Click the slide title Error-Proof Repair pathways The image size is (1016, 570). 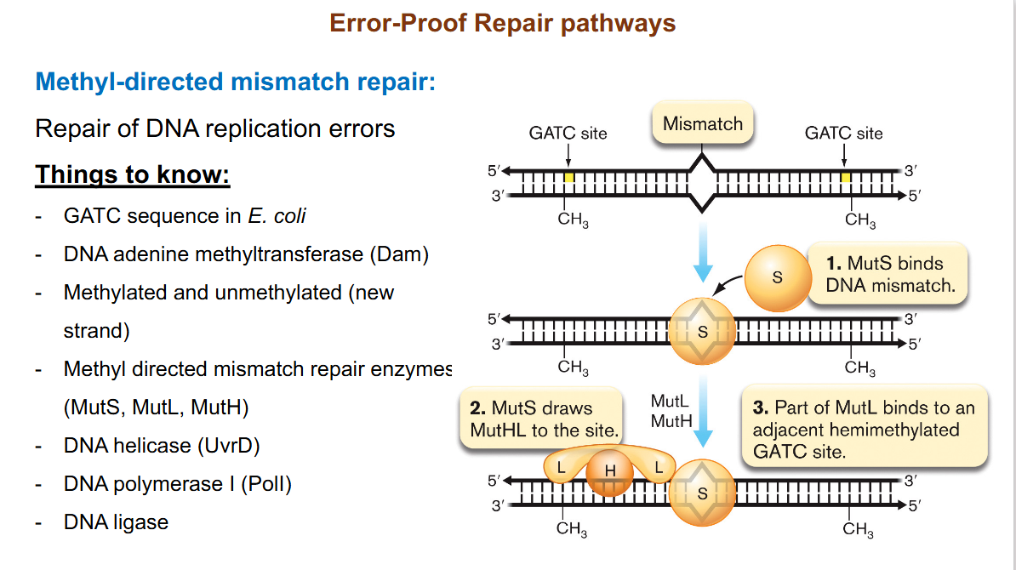pyautogui.click(x=502, y=23)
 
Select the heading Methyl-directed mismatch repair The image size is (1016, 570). pyautogui.click(x=235, y=83)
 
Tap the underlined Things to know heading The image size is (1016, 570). pyautogui.click(x=133, y=175)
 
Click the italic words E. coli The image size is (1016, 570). pyautogui.click(x=277, y=216)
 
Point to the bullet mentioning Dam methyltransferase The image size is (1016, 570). pyautogui.click(x=246, y=254)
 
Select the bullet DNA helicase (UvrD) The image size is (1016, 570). pyautogui.click(x=162, y=446)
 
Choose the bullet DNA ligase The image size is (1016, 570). pyautogui.click(x=116, y=522)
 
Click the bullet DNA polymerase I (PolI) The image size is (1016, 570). pyautogui.click(x=177, y=484)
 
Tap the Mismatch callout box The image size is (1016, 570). pyautogui.click(x=702, y=124)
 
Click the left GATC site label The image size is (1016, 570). pyautogui.click(x=568, y=134)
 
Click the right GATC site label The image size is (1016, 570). pyautogui.click(x=843, y=134)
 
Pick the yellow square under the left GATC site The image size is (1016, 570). pyautogui.click(x=568, y=177)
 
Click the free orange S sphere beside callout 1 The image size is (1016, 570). pyautogui.click(x=776, y=278)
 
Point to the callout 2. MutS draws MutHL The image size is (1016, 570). pyautogui.click(x=543, y=419)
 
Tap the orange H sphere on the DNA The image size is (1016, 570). pyautogui.click(x=609, y=472)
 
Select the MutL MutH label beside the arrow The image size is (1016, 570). pyautogui.click(x=670, y=410)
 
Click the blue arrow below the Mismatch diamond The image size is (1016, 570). pyautogui.click(x=702, y=251)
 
